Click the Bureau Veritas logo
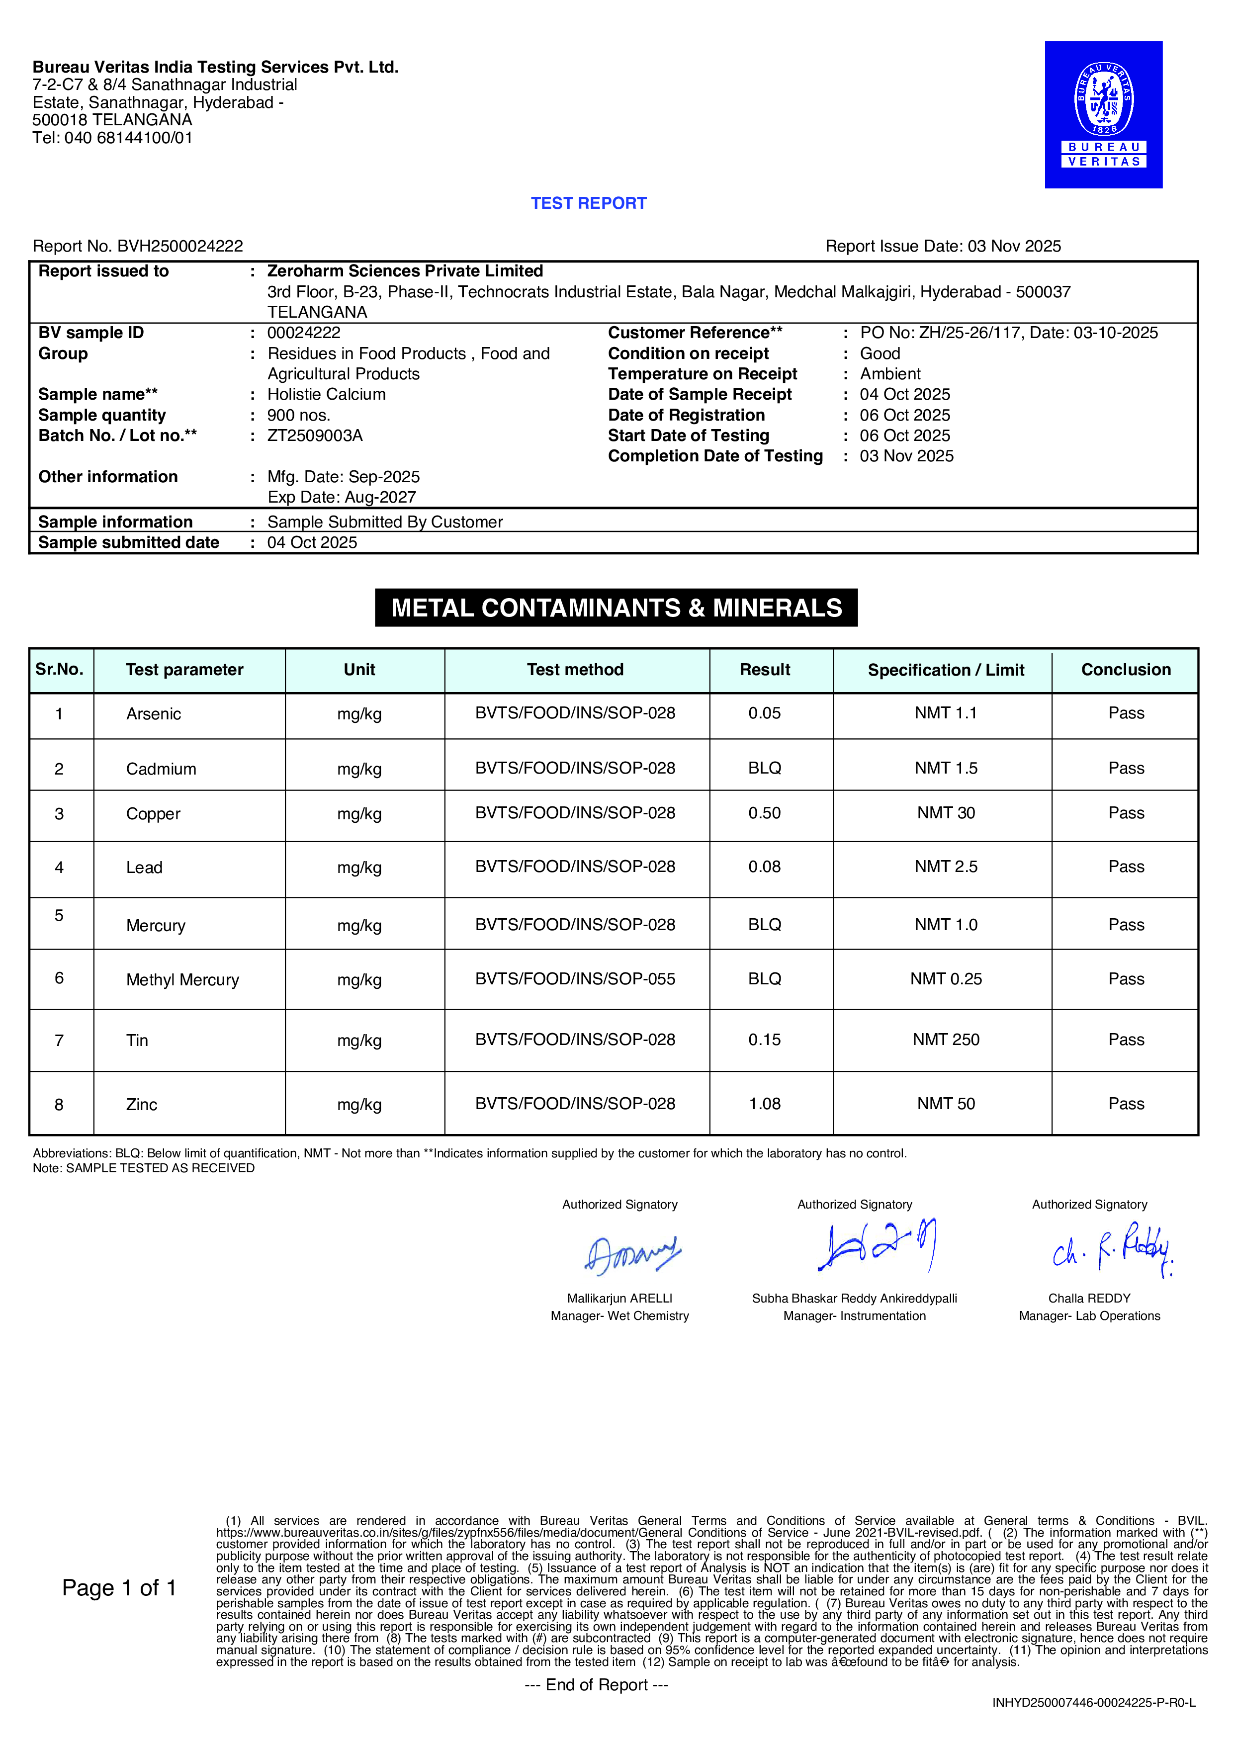1103,115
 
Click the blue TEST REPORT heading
588,203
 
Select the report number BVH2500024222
180,246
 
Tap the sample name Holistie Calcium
326,394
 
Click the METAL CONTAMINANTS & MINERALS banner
616,608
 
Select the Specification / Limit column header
946,670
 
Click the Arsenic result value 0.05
764,713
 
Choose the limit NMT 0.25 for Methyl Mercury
946,979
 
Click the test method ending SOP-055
575,979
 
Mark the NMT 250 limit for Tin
946,1040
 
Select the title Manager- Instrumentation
855,1316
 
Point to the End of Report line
597,1685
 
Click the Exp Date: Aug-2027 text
342,498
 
